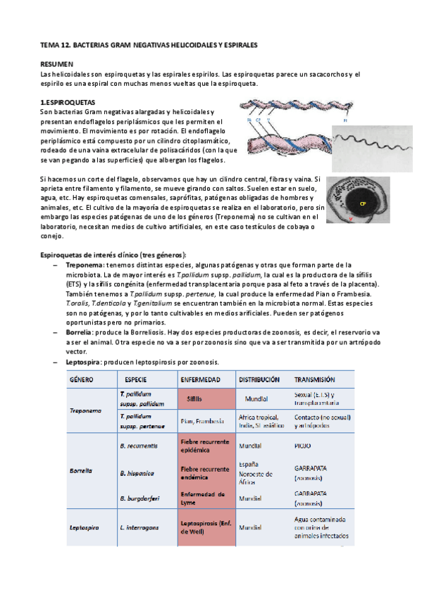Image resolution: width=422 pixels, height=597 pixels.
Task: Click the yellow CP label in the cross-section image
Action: click(363, 203)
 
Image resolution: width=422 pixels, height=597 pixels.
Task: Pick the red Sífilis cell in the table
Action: click(194, 398)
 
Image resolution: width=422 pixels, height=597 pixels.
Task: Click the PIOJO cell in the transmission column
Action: click(302, 446)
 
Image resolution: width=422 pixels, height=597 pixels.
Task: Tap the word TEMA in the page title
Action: click(49, 44)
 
